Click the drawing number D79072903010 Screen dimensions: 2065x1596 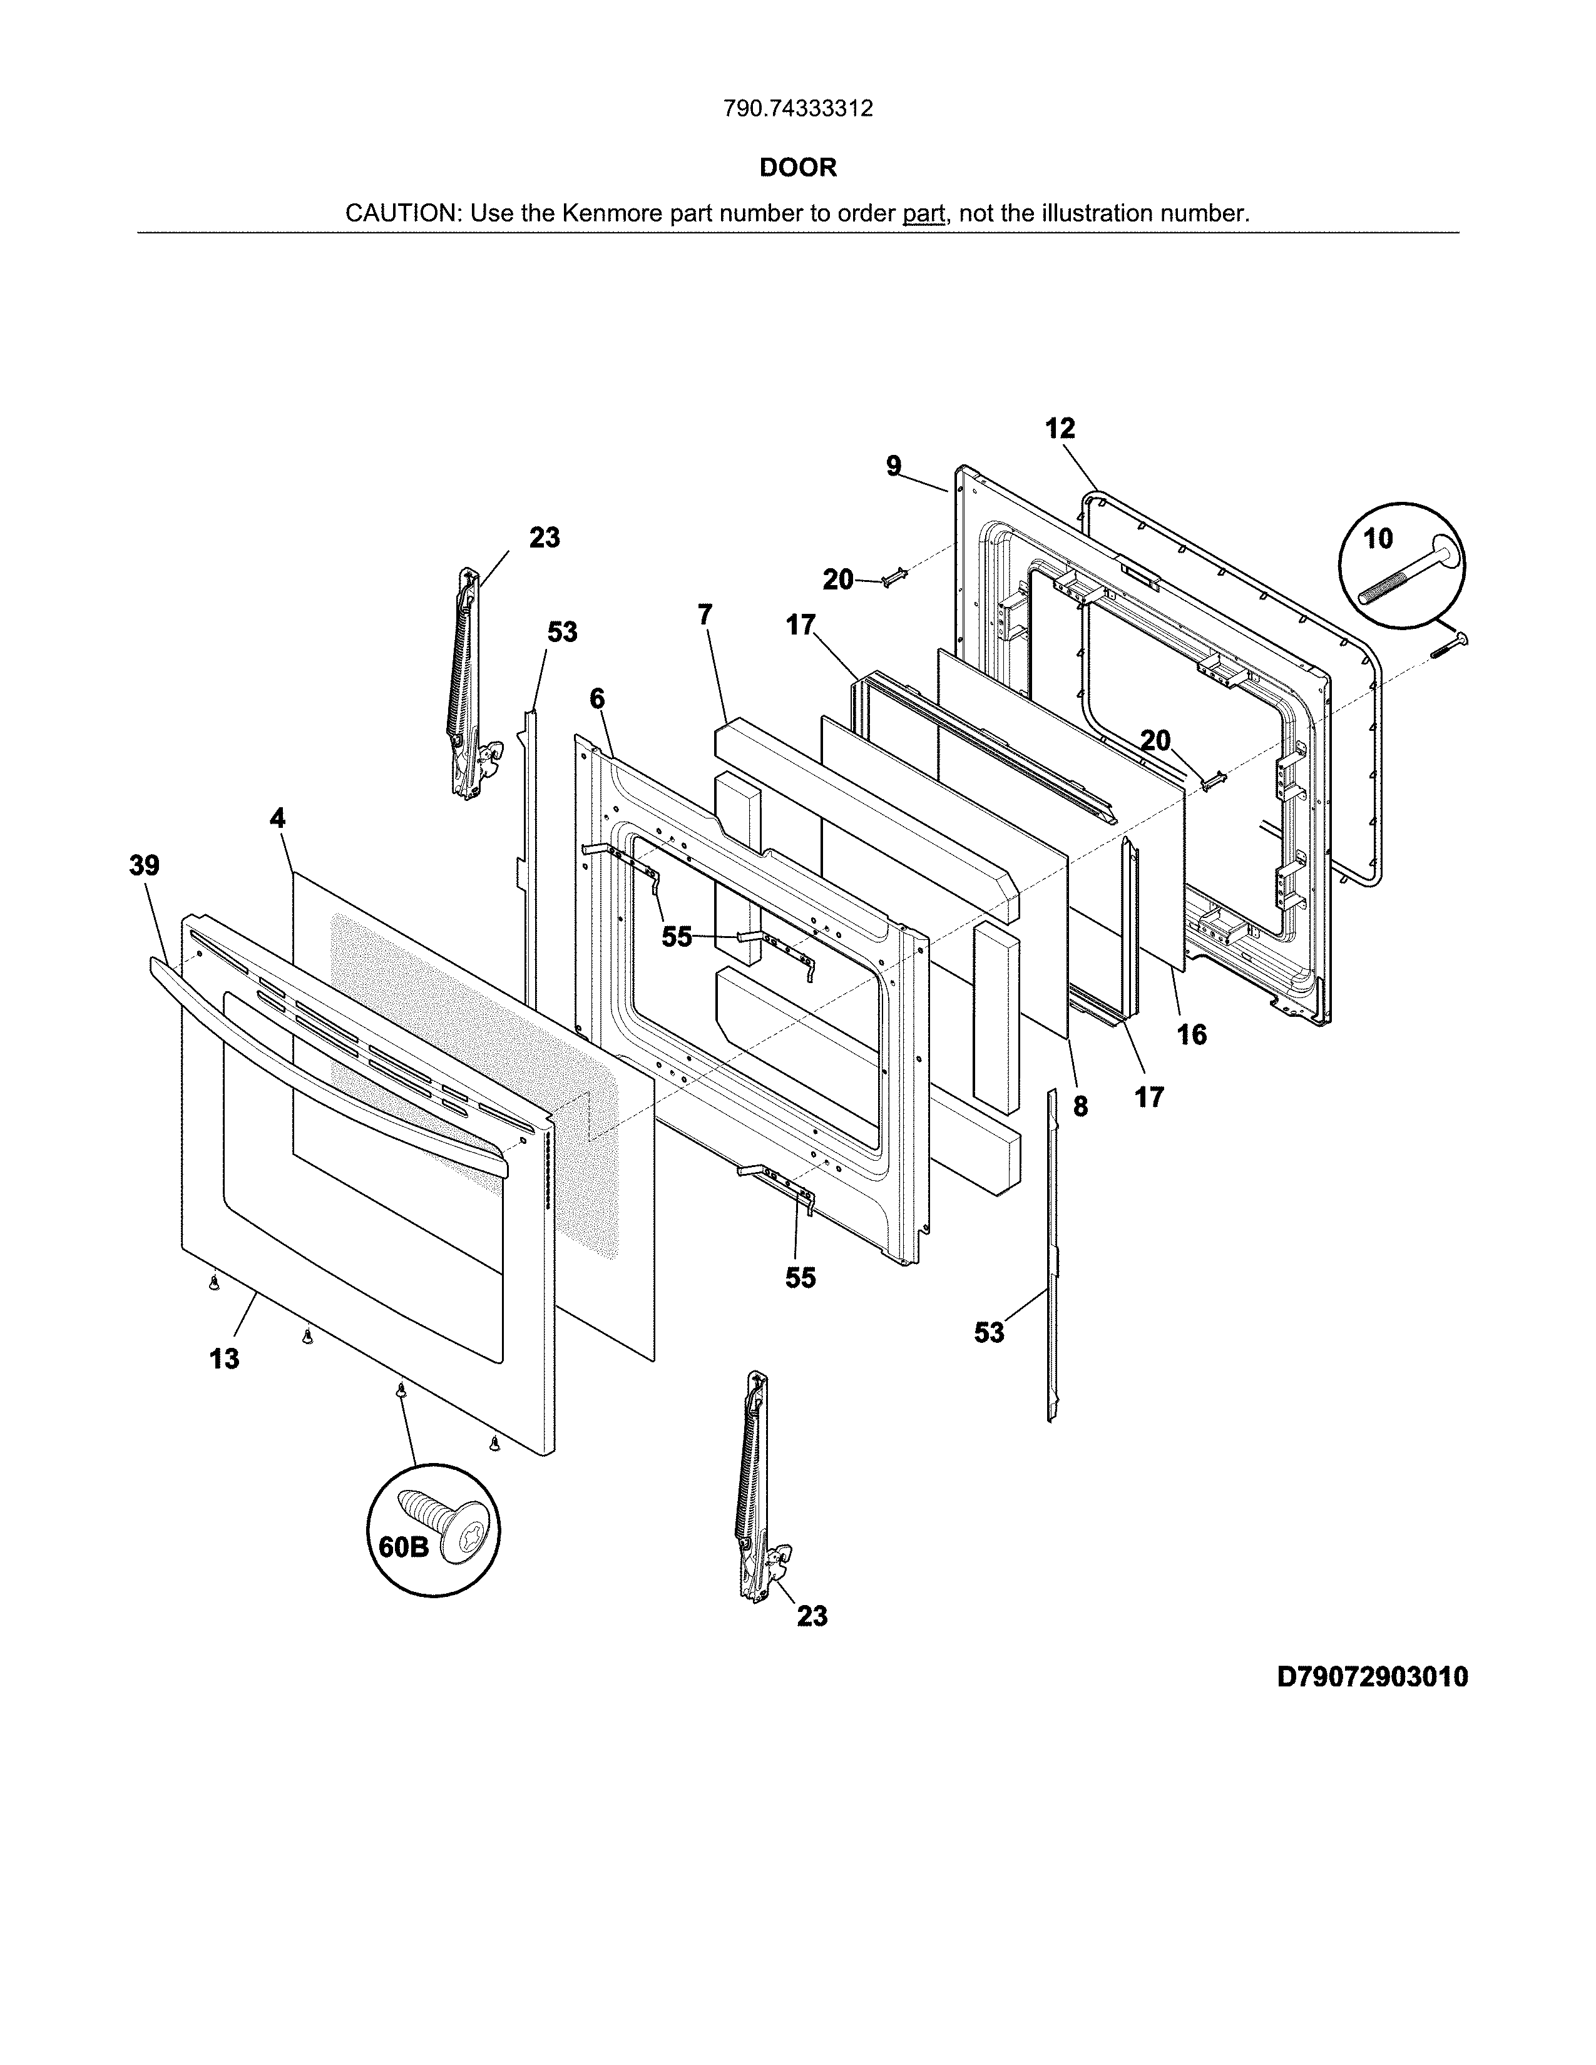pos(1372,1676)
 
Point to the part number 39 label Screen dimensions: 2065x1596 pos(144,865)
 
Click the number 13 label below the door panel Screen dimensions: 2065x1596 pos(224,1359)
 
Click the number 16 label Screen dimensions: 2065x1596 pos(1191,1034)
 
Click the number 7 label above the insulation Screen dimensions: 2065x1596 pos(705,614)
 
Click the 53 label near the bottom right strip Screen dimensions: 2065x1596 pos(989,1332)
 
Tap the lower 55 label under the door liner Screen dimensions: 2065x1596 pos(800,1277)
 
